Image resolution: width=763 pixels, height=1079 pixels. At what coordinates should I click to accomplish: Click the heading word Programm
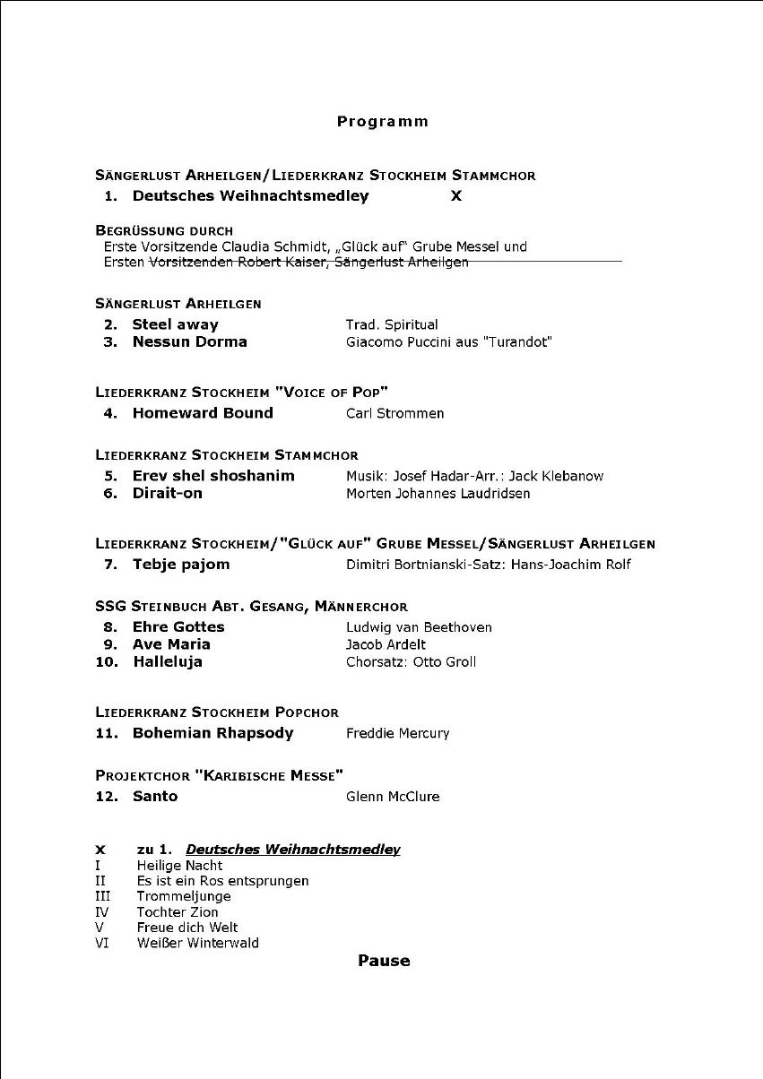383,122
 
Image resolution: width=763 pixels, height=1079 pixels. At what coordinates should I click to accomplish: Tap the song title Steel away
175,324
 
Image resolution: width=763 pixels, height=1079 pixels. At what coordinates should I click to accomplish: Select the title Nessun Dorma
189,341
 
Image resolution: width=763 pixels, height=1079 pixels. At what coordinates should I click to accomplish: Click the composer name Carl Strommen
395,413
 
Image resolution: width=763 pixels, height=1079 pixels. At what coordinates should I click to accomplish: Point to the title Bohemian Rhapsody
212,733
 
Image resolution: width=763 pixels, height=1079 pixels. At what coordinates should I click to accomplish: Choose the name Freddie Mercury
397,734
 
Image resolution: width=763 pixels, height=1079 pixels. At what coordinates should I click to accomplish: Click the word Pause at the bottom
384,961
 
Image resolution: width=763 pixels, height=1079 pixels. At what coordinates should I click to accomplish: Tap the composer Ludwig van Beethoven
419,627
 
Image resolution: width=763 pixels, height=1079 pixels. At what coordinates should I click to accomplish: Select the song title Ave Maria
171,644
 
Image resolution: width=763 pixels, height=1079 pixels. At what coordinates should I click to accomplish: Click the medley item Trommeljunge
184,896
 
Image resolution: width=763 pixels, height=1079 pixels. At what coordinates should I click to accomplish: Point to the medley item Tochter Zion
178,912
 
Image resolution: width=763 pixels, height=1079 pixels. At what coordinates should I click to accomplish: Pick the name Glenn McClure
393,797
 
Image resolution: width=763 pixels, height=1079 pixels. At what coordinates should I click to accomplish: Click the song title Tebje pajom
181,565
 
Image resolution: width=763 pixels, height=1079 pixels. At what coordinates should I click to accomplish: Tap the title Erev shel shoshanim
213,476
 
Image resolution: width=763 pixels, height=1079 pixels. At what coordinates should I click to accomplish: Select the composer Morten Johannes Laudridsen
438,494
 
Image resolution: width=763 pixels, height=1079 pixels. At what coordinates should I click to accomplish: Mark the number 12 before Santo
107,797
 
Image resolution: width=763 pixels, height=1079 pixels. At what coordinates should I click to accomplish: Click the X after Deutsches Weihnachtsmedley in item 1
456,196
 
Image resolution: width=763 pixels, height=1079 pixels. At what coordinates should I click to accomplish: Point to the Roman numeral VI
102,943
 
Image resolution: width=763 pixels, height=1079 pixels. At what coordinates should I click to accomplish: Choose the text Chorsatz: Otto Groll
411,662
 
